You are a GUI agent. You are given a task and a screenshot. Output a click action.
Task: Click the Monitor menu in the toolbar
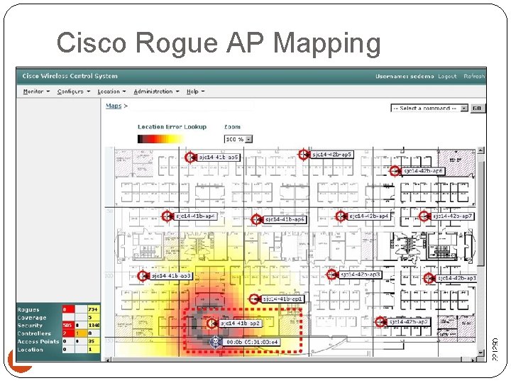[x=35, y=91]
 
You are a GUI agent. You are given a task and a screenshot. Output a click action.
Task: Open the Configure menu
[x=72, y=91]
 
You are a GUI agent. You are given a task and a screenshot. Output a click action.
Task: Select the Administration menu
[x=155, y=91]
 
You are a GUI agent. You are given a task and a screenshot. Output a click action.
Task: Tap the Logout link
[x=447, y=77]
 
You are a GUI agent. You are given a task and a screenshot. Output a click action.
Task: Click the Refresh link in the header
[x=473, y=77]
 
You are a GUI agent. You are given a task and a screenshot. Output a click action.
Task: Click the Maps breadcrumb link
[x=114, y=106]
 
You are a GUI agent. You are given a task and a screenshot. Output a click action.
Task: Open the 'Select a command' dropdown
[x=429, y=109]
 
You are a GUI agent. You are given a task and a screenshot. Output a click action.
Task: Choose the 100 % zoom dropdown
[x=238, y=139]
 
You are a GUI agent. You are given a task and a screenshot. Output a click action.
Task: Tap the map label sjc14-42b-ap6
[x=424, y=171]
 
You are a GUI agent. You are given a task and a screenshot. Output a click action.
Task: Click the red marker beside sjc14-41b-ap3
[x=143, y=276]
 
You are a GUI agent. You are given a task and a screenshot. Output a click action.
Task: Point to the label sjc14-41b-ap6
[x=285, y=220]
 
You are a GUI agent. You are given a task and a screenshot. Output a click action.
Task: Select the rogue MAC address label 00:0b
[x=253, y=343]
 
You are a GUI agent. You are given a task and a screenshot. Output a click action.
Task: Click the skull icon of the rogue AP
[x=214, y=342]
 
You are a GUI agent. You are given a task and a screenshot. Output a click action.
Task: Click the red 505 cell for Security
[x=67, y=326]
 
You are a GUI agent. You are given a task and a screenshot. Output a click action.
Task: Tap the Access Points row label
[x=38, y=341]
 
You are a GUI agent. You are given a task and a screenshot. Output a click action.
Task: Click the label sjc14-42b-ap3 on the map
[x=361, y=274]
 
